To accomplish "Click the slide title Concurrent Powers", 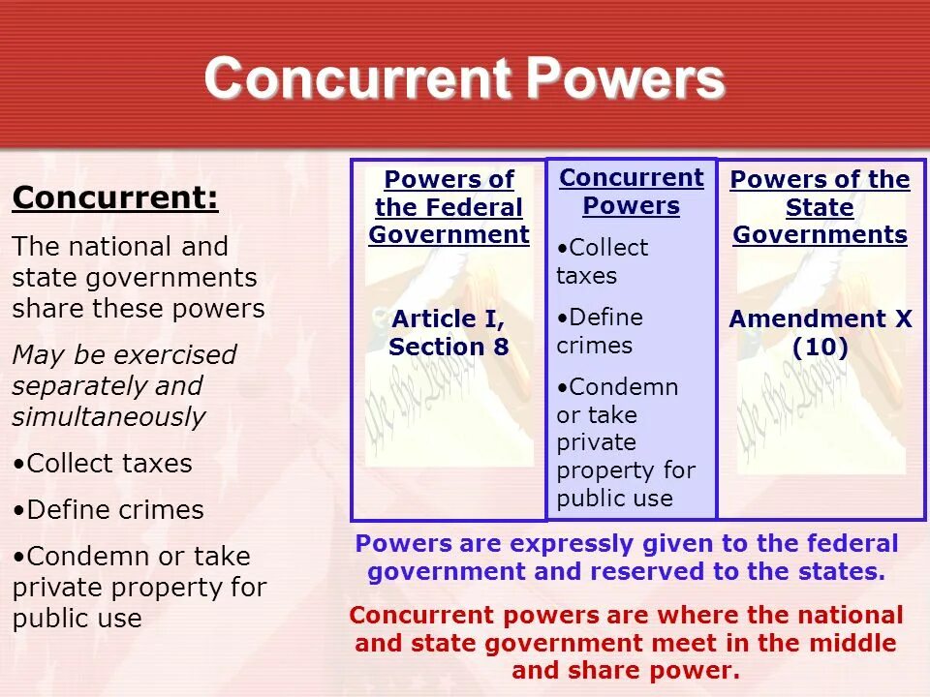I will click(x=464, y=78).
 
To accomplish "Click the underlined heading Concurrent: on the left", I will click(x=114, y=198).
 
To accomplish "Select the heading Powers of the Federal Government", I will click(x=449, y=207).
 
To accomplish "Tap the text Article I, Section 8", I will click(x=449, y=333).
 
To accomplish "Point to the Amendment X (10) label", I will click(x=820, y=333).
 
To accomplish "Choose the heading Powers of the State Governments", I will click(x=820, y=207).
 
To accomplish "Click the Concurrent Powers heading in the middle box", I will click(x=631, y=192).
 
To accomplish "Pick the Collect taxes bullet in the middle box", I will click(x=602, y=261).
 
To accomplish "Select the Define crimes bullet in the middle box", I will click(x=599, y=331).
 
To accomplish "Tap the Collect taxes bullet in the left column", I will click(x=103, y=464).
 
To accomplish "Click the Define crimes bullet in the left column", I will click(x=108, y=510).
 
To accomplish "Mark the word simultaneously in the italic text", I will click(x=108, y=417).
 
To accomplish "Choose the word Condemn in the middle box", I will click(x=623, y=387).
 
